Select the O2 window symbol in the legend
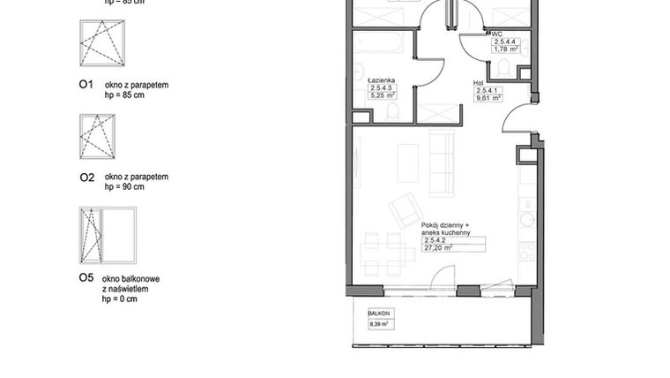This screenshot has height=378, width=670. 97,137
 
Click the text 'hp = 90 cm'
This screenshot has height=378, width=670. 124,187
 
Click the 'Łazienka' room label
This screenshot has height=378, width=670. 381,77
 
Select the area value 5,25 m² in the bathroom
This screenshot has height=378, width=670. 382,94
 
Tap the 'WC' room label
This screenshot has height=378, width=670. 498,34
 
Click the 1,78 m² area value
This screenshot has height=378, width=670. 505,50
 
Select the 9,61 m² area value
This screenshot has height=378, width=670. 488,99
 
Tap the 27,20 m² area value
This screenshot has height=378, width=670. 438,249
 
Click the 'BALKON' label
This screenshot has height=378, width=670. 378,313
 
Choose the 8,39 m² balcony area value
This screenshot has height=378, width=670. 379,324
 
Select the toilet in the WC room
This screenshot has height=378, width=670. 502,67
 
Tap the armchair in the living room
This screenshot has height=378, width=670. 406,210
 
